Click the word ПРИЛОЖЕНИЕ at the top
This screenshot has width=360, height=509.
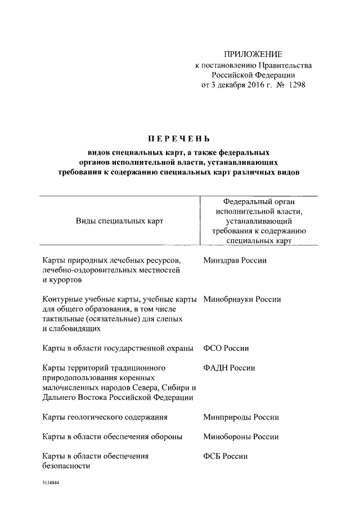(253, 54)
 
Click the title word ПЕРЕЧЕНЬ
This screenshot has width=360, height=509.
(179, 138)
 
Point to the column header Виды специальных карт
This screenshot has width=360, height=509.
(119, 220)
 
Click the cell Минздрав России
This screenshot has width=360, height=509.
(235, 260)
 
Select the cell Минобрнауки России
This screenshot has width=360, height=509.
(241, 300)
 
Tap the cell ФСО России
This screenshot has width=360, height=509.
(226, 348)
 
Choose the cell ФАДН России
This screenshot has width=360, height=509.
(229, 368)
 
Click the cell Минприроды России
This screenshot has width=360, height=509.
(241, 417)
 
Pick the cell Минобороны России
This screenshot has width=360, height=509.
(241, 436)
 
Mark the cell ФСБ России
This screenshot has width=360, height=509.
(225, 456)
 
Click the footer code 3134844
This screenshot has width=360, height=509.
(51, 483)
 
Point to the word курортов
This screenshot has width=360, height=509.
(63, 280)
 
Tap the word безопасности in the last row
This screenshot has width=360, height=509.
(67, 466)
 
